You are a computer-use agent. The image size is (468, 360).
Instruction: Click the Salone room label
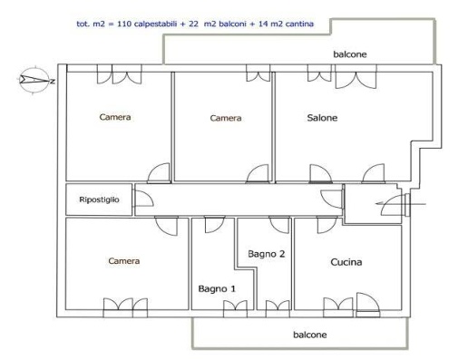click(322, 118)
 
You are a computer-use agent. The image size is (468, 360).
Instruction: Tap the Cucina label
click(346, 262)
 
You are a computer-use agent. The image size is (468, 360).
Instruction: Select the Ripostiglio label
click(99, 199)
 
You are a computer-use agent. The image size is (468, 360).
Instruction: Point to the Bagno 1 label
click(217, 288)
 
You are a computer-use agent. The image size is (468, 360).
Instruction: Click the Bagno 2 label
click(266, 254)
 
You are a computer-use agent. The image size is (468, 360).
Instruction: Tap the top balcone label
click(350, 54)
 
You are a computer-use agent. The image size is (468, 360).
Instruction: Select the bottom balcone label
click(310, 335)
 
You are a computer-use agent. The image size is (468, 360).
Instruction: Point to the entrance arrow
click(401, 204)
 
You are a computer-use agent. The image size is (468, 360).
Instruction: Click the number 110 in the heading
click(124, 24)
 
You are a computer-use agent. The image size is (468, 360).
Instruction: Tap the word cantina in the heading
click(299, 24)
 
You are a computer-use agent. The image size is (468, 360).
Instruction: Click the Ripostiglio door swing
click(144, 199)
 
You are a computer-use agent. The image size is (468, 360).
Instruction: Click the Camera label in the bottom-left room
click(124, 261)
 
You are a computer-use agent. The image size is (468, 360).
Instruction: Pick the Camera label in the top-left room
click(115, 117)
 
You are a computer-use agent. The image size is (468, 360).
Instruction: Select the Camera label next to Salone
click(226, 118)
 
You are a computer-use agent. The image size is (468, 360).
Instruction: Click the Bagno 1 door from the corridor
click(215, 224)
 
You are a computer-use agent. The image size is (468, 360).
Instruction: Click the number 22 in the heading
click(193, 24)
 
